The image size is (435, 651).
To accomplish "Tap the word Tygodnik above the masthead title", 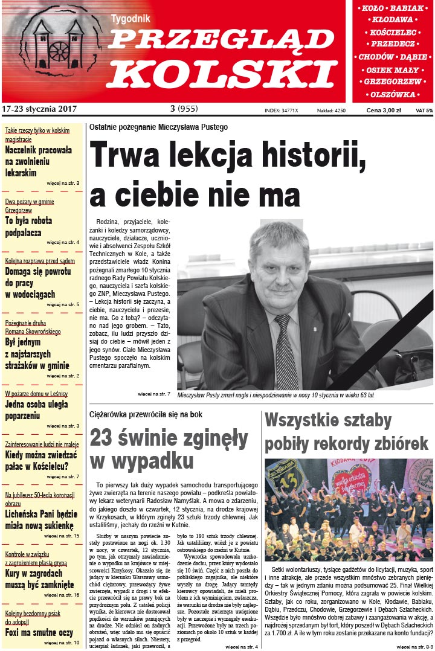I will coord(129,19).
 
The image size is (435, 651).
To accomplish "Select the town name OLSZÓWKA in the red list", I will coord(393,94).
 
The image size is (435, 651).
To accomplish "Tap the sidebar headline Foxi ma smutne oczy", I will coord(39,632).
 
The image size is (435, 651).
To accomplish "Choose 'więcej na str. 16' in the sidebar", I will coord(62,595).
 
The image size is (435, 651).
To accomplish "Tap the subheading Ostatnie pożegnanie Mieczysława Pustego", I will coord(158,127).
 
